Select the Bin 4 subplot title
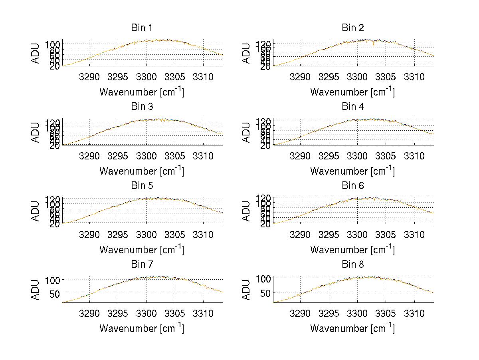coord(352,107)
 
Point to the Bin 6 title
coord(352,186)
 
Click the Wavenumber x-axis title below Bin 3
coord(142,171)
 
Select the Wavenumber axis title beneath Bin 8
coord(352,329)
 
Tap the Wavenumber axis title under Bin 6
coord(352,250)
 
